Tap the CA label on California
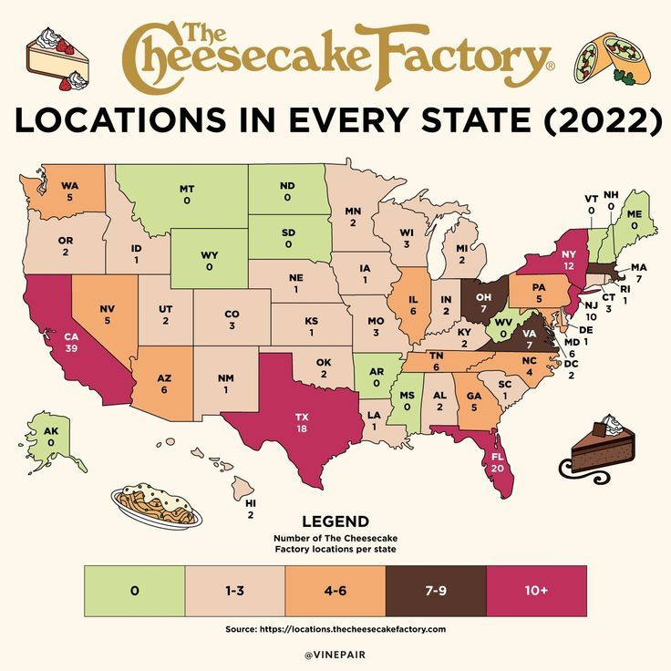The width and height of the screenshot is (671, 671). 69,336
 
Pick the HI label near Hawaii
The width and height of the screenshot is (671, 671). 250,502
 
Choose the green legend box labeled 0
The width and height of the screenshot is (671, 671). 134,591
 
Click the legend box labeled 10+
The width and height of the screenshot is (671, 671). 536,591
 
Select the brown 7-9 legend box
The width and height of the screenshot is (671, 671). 436,591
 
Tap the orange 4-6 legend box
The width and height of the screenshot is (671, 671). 335,591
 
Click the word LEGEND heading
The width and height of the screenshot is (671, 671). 335,522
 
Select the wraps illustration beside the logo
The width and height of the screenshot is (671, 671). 611,57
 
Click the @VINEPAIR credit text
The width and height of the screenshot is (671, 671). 335,654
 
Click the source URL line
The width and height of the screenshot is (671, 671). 335,629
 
